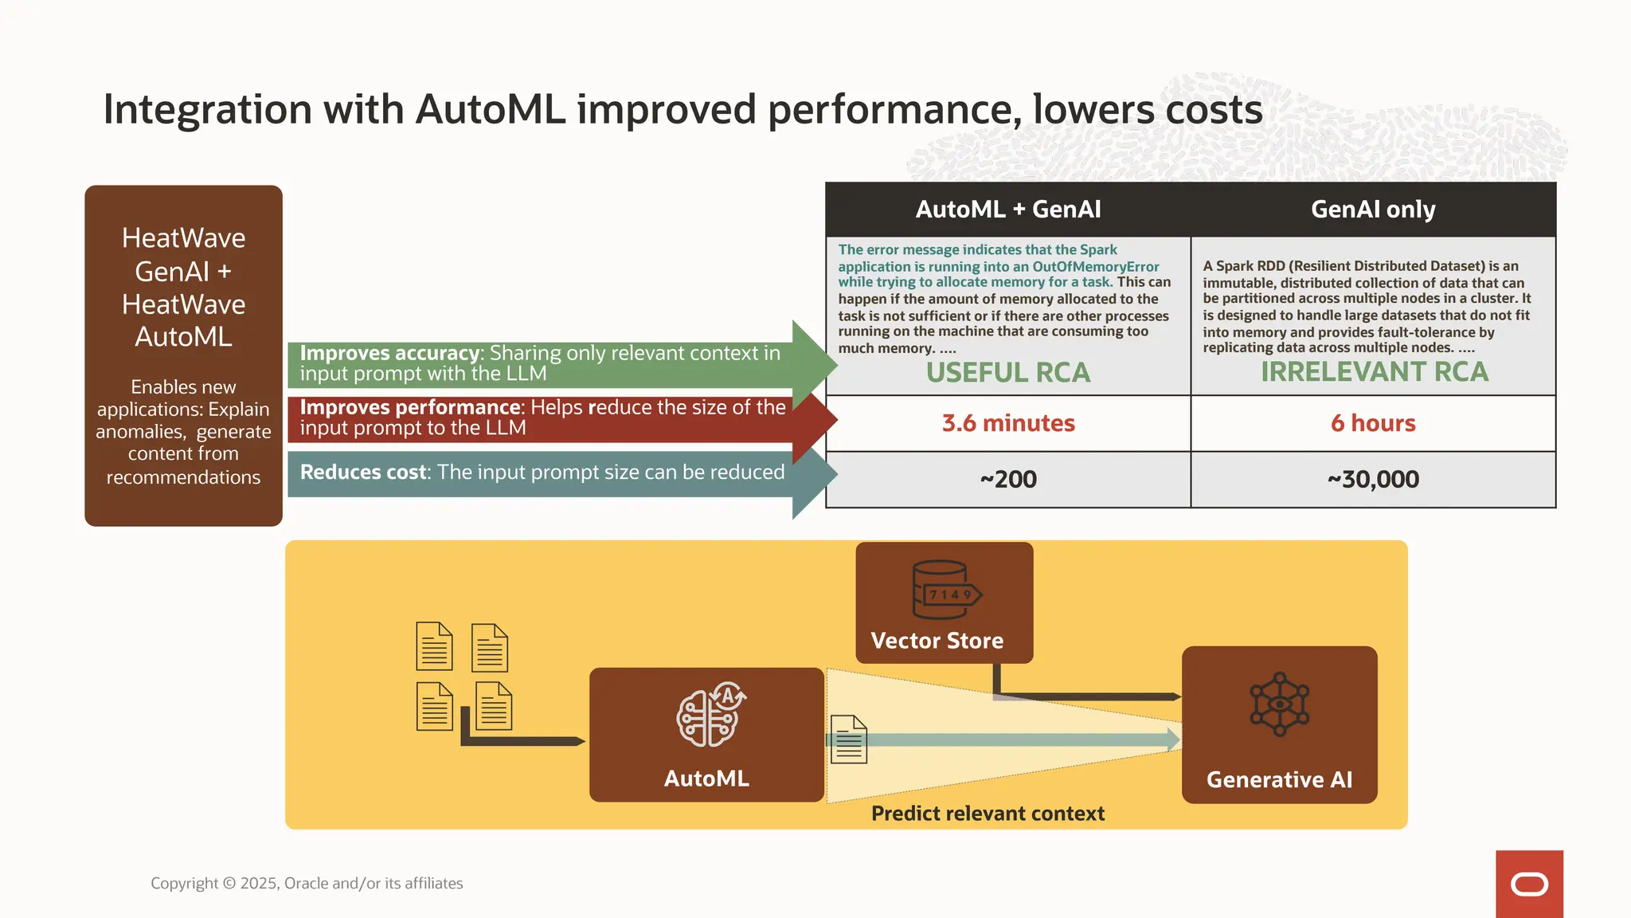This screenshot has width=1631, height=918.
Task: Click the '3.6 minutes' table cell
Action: (1008, 423)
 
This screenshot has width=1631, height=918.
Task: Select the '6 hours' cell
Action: (1373, 423)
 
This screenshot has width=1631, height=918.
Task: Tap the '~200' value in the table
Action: (1008, 480)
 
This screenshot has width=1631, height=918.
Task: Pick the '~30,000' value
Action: (1373, 480)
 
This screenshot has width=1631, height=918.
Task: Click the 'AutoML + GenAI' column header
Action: (1008, 210)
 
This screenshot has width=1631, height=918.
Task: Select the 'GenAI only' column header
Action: (1373, 210)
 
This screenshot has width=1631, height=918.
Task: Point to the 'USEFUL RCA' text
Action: (1008, 373)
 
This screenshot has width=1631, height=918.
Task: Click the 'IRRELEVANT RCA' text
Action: (1375, 372)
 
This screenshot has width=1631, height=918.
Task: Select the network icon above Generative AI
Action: (1279, 704)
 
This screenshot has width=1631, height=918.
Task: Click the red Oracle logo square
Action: (1529, 884)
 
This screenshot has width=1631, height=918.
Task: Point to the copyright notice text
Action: (307, 883)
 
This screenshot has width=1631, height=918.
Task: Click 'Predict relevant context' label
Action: (988, 814)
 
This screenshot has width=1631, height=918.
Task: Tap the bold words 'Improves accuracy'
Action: (389, 353)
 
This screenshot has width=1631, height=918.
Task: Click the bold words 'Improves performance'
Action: (410, 407)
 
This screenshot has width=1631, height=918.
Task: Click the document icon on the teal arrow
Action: (849, 739)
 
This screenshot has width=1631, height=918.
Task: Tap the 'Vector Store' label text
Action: (937, 641)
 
